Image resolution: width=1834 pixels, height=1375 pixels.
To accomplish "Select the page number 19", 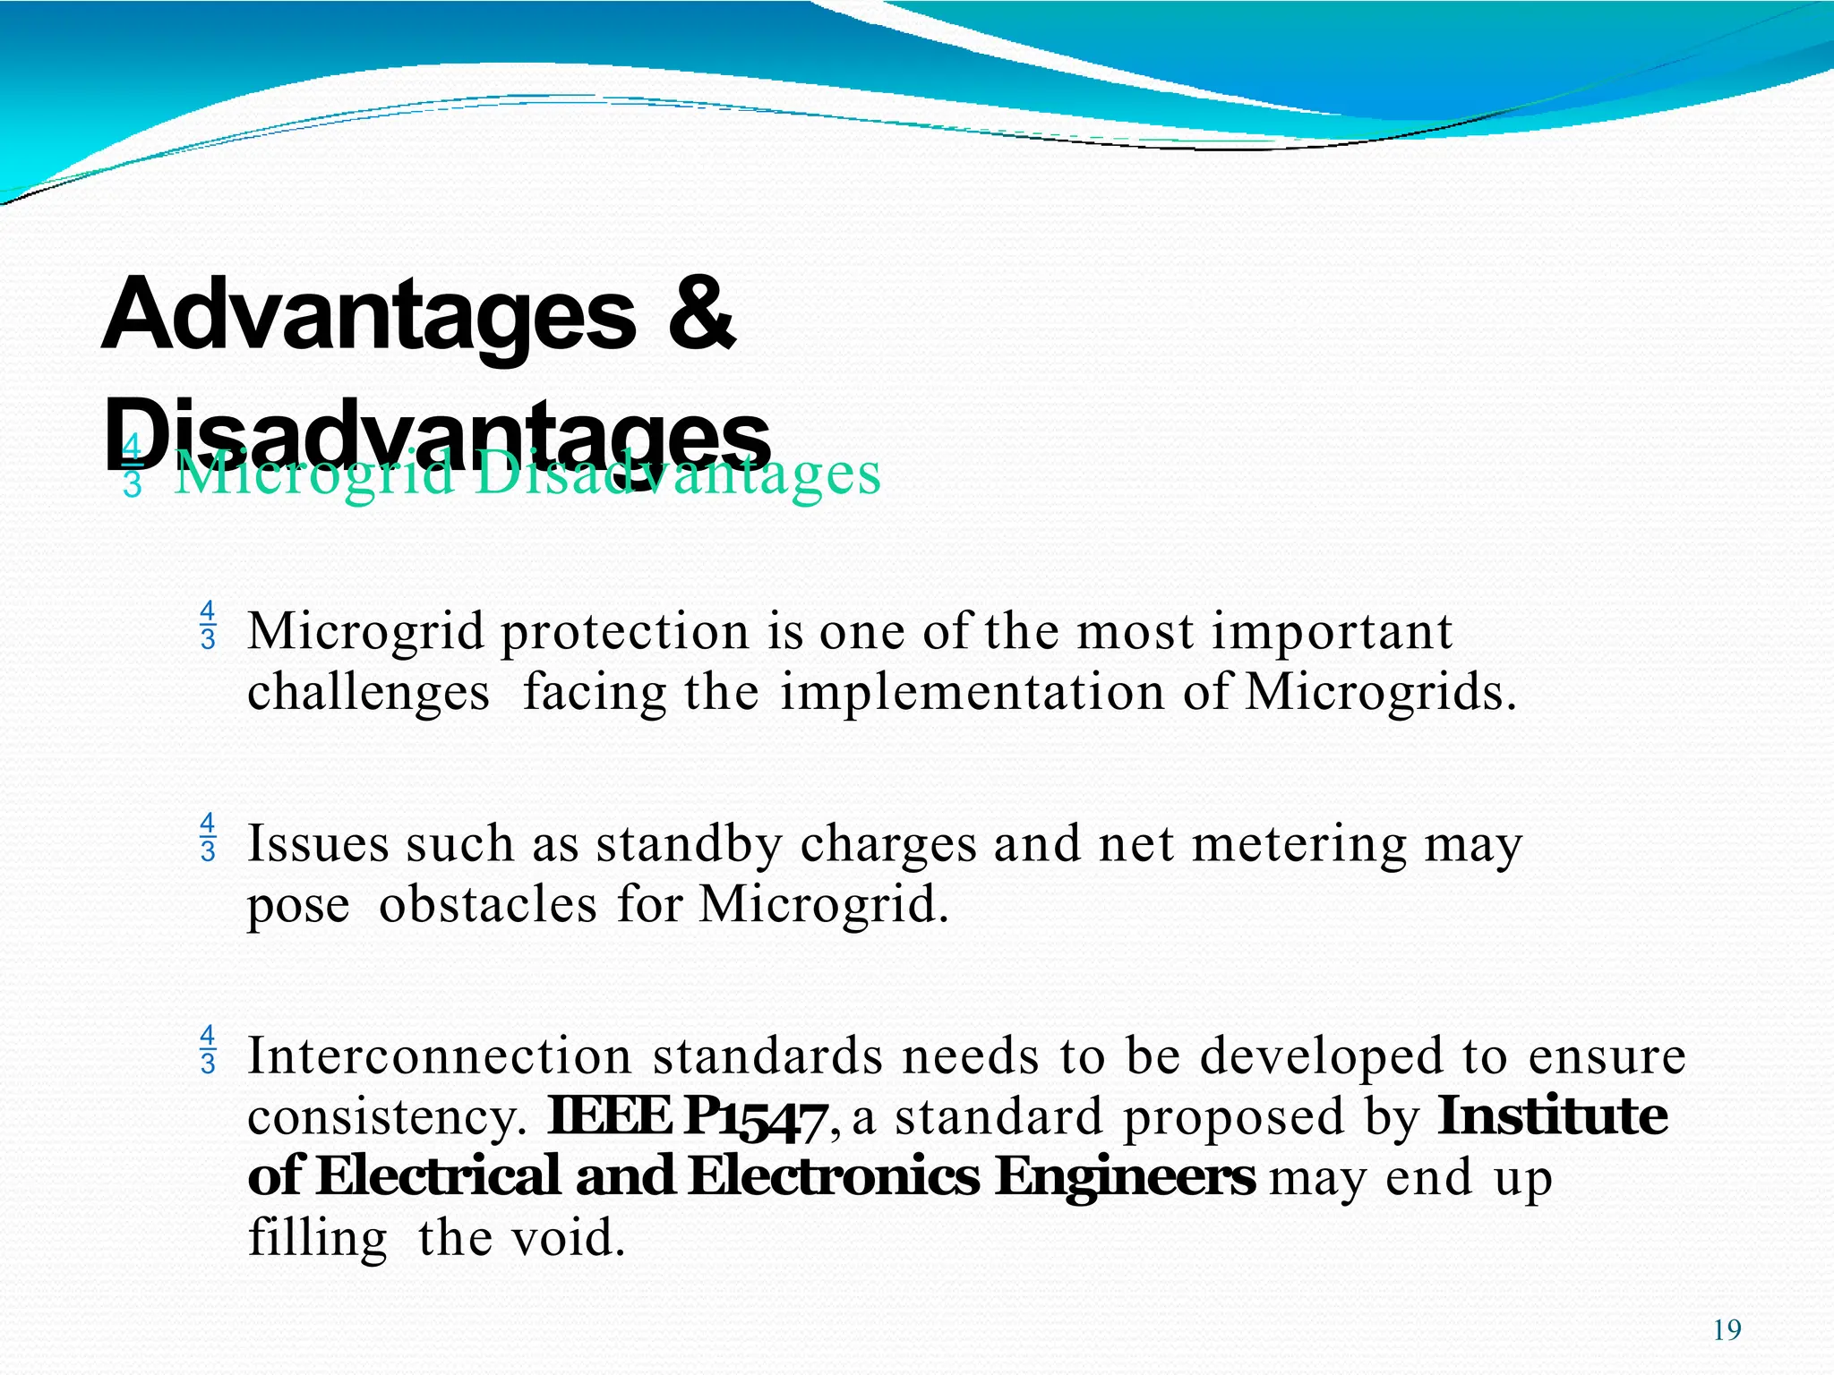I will [1727, 1330].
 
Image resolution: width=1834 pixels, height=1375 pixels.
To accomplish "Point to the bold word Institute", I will [1552, 1115].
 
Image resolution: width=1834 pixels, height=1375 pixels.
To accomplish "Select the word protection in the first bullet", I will [624, 631].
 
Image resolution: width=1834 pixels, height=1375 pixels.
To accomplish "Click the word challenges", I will [368, 693].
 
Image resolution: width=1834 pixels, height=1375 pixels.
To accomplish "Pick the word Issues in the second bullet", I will [318, 843].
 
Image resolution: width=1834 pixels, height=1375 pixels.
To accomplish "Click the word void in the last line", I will [567, 1238].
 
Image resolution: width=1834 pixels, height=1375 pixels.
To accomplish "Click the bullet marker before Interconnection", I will [208, 1049].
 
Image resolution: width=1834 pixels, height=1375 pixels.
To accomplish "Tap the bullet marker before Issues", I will [208, 837].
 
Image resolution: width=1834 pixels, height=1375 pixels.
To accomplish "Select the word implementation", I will [972, 693].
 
